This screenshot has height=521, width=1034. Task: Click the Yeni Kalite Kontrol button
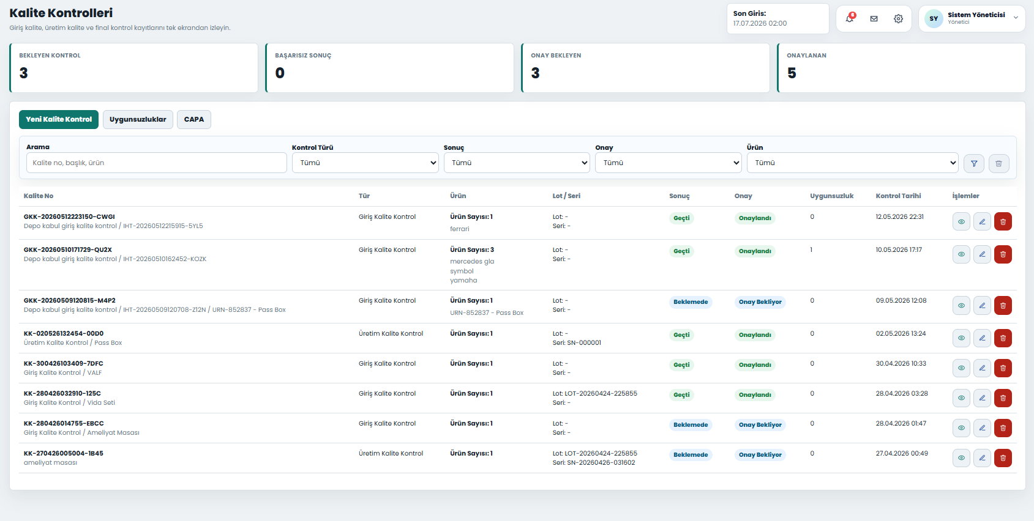(59, 119)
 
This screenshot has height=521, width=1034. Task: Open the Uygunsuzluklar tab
(138, 119)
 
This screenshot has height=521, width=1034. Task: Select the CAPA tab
(194, 119)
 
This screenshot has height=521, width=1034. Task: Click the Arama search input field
(157, 163)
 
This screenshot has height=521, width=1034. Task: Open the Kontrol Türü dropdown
(365, 163)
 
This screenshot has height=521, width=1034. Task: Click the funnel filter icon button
(974, 163)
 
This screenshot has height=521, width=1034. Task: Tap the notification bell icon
(849, 18)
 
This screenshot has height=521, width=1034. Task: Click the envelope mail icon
(874, 19)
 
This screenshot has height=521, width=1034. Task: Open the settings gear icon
(898, 19)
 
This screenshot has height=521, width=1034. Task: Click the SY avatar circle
(934, 19)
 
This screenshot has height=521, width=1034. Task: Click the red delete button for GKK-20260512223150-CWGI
(1003, 222)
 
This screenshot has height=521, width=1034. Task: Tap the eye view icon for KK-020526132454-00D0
(962, 338)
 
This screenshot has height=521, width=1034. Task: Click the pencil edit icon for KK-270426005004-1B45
(983, 458)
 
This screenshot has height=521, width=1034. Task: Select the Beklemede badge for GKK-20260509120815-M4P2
(691, 302)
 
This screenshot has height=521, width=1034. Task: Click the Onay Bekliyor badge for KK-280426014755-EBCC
(760, 424)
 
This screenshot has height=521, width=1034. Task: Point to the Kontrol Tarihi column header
(898, 196)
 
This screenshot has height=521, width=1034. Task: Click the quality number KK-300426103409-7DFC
(64, 363)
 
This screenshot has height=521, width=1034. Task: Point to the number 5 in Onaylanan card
(792, 73)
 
